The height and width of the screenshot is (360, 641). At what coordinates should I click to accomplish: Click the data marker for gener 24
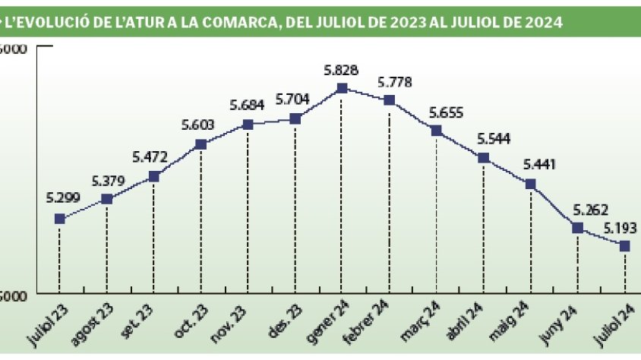click(342, 88)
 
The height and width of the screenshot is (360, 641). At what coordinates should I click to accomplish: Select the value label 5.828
click(341, 70)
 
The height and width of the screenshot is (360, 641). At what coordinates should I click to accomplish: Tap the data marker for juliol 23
click(60, 219)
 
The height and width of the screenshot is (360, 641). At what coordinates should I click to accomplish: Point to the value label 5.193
click(620, 227)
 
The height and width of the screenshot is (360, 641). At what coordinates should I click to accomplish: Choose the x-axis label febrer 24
click(369, 321)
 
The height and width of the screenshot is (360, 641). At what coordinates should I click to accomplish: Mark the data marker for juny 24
click(578, 228)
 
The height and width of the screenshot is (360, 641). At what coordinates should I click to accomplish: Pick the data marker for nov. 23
click(248, 125)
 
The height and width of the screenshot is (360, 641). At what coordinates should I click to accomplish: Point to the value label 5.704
click(293, 99)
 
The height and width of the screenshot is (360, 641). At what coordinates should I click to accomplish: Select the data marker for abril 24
click(483, 158)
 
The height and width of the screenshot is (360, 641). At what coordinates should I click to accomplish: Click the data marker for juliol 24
click(625, 245)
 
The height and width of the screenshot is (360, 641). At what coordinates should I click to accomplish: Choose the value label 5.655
click(446, 112)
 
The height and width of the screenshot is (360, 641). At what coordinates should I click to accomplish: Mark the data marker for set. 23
click(153, 176)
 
